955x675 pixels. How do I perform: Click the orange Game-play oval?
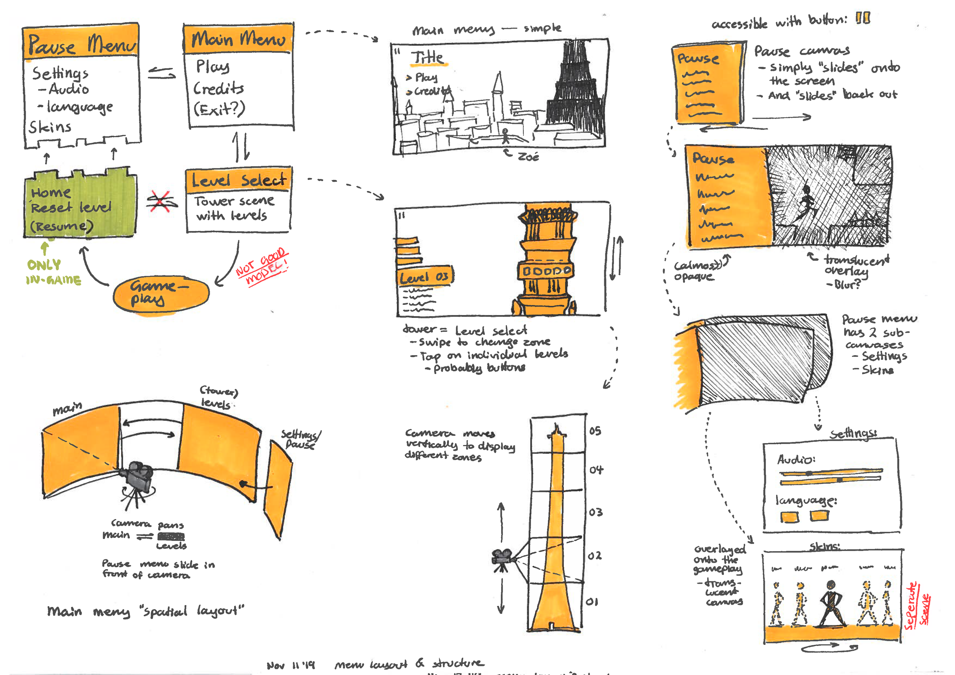point(161,294)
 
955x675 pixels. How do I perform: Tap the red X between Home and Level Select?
point(160,201)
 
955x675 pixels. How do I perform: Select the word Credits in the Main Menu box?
point(219,88)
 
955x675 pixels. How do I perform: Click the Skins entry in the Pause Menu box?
point(50,127)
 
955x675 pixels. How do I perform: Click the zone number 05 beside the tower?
point(595,431)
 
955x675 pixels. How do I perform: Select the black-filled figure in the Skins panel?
point(830,603)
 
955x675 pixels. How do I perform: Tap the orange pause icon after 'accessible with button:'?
point(863,19)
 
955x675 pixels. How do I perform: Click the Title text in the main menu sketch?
point(427,57)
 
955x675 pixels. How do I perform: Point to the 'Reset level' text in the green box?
point(71,207)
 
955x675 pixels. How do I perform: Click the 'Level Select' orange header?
point(238,180)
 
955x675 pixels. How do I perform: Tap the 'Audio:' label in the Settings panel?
point(796,460)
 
